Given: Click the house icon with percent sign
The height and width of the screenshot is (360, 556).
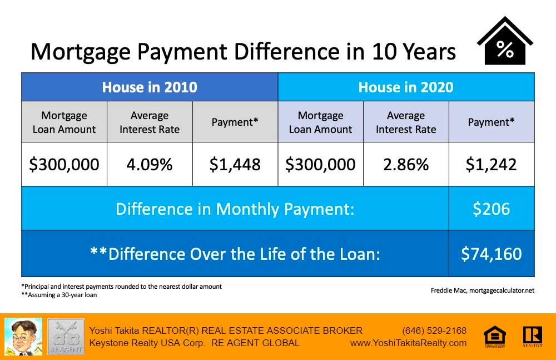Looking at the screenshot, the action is coord(505,41).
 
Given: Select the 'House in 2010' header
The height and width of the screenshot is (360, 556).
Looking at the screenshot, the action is coord(150,87).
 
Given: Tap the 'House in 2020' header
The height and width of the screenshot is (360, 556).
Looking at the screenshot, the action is coord(406,87).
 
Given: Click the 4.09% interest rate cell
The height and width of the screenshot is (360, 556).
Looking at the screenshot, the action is coord(149,164).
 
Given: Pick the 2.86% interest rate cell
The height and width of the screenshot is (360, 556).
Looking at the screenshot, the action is coord(406,164).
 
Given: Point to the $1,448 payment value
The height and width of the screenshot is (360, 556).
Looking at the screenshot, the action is coord(235,164).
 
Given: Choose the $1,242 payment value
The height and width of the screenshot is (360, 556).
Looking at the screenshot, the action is coord(491,164).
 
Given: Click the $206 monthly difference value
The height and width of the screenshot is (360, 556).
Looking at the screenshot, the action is coord(491,209).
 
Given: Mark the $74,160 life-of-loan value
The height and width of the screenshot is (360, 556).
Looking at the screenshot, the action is coord(491,254).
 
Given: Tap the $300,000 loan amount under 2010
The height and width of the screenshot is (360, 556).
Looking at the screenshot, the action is coord(64,164).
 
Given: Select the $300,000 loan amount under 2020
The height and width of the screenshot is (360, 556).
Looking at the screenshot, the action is coord(321,164).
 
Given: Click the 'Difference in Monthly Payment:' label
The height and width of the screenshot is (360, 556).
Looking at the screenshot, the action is coord(235,209).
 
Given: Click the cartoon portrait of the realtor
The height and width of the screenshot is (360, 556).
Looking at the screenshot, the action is coord(23,337).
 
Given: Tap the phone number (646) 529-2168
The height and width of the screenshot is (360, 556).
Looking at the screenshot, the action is coord(434,331).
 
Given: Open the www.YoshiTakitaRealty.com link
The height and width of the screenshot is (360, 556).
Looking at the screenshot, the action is coord(408,343).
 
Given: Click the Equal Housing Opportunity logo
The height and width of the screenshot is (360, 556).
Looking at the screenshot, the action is coord(495,336).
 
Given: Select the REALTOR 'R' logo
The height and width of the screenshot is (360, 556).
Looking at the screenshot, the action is coord(532,336).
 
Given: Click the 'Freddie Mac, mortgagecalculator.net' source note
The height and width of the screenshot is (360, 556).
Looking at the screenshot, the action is coord(482,290).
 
